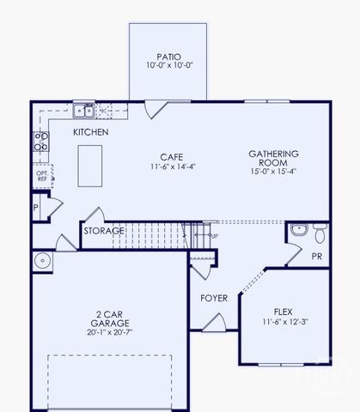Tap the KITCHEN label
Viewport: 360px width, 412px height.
tap(90, 132)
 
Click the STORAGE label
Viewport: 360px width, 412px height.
tap(103, 230)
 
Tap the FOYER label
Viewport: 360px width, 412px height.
tap(214, 298)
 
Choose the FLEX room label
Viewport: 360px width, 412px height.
tap(284, 311)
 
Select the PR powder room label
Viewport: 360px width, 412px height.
tap(316, 256)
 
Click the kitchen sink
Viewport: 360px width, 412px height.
tap(83, 110)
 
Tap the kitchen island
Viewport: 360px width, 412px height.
tap(90, 165)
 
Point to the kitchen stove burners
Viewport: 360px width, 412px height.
tap(40, 141)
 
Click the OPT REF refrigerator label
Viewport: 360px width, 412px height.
tap(41, 175)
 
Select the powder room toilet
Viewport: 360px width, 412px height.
tap(319, 232)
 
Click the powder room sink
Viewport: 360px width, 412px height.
tap(298, 230)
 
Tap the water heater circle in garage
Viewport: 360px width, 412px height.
tap(42, 260)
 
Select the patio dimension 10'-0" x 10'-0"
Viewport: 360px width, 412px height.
tap(168, 65)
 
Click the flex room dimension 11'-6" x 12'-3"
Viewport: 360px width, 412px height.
tap(284, 321)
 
